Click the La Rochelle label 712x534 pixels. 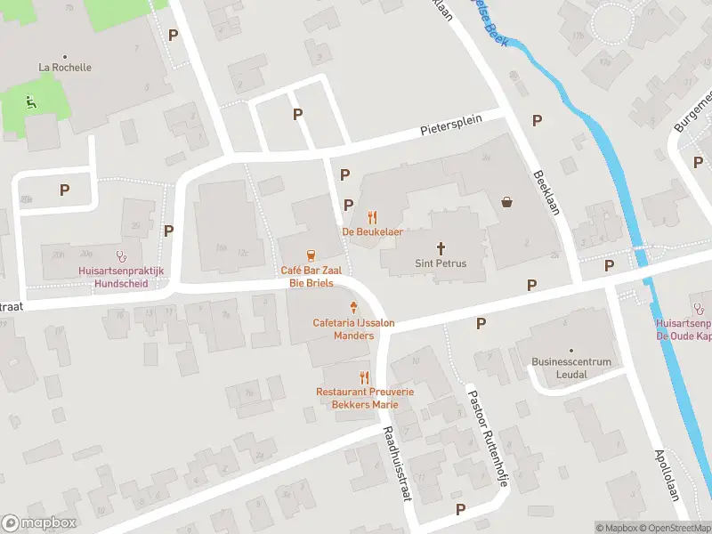tap(65, 67)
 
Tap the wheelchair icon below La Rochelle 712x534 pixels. tap(32, 101)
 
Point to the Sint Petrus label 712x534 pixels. tap(441, 263)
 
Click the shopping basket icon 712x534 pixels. tap(507, 201)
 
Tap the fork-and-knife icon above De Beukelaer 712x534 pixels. tap(373, 216)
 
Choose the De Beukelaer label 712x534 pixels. tap(373, 232)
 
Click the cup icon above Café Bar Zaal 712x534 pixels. tap(311, 255)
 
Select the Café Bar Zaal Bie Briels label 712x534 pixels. tap(306, 276)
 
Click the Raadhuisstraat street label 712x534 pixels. tap(395, 463)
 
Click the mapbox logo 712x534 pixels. tap(39, 523)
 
